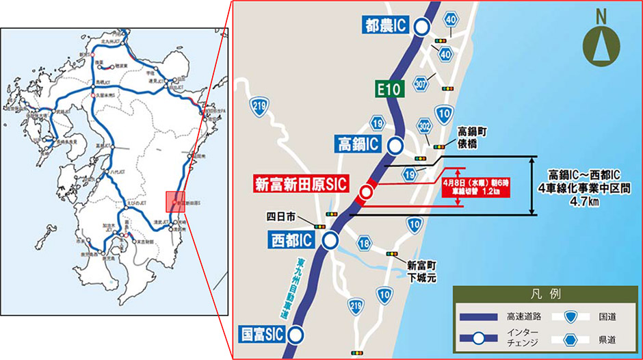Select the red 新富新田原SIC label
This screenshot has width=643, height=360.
tap(301, 184)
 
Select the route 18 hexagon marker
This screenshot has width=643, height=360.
tap(364, 244)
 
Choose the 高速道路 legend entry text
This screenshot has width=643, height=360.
tap(524, 316)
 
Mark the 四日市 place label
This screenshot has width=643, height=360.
tap(280, 217)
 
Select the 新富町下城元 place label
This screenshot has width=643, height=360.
tap(421, 271)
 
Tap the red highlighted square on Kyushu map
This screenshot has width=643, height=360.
tap(176, 203)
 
